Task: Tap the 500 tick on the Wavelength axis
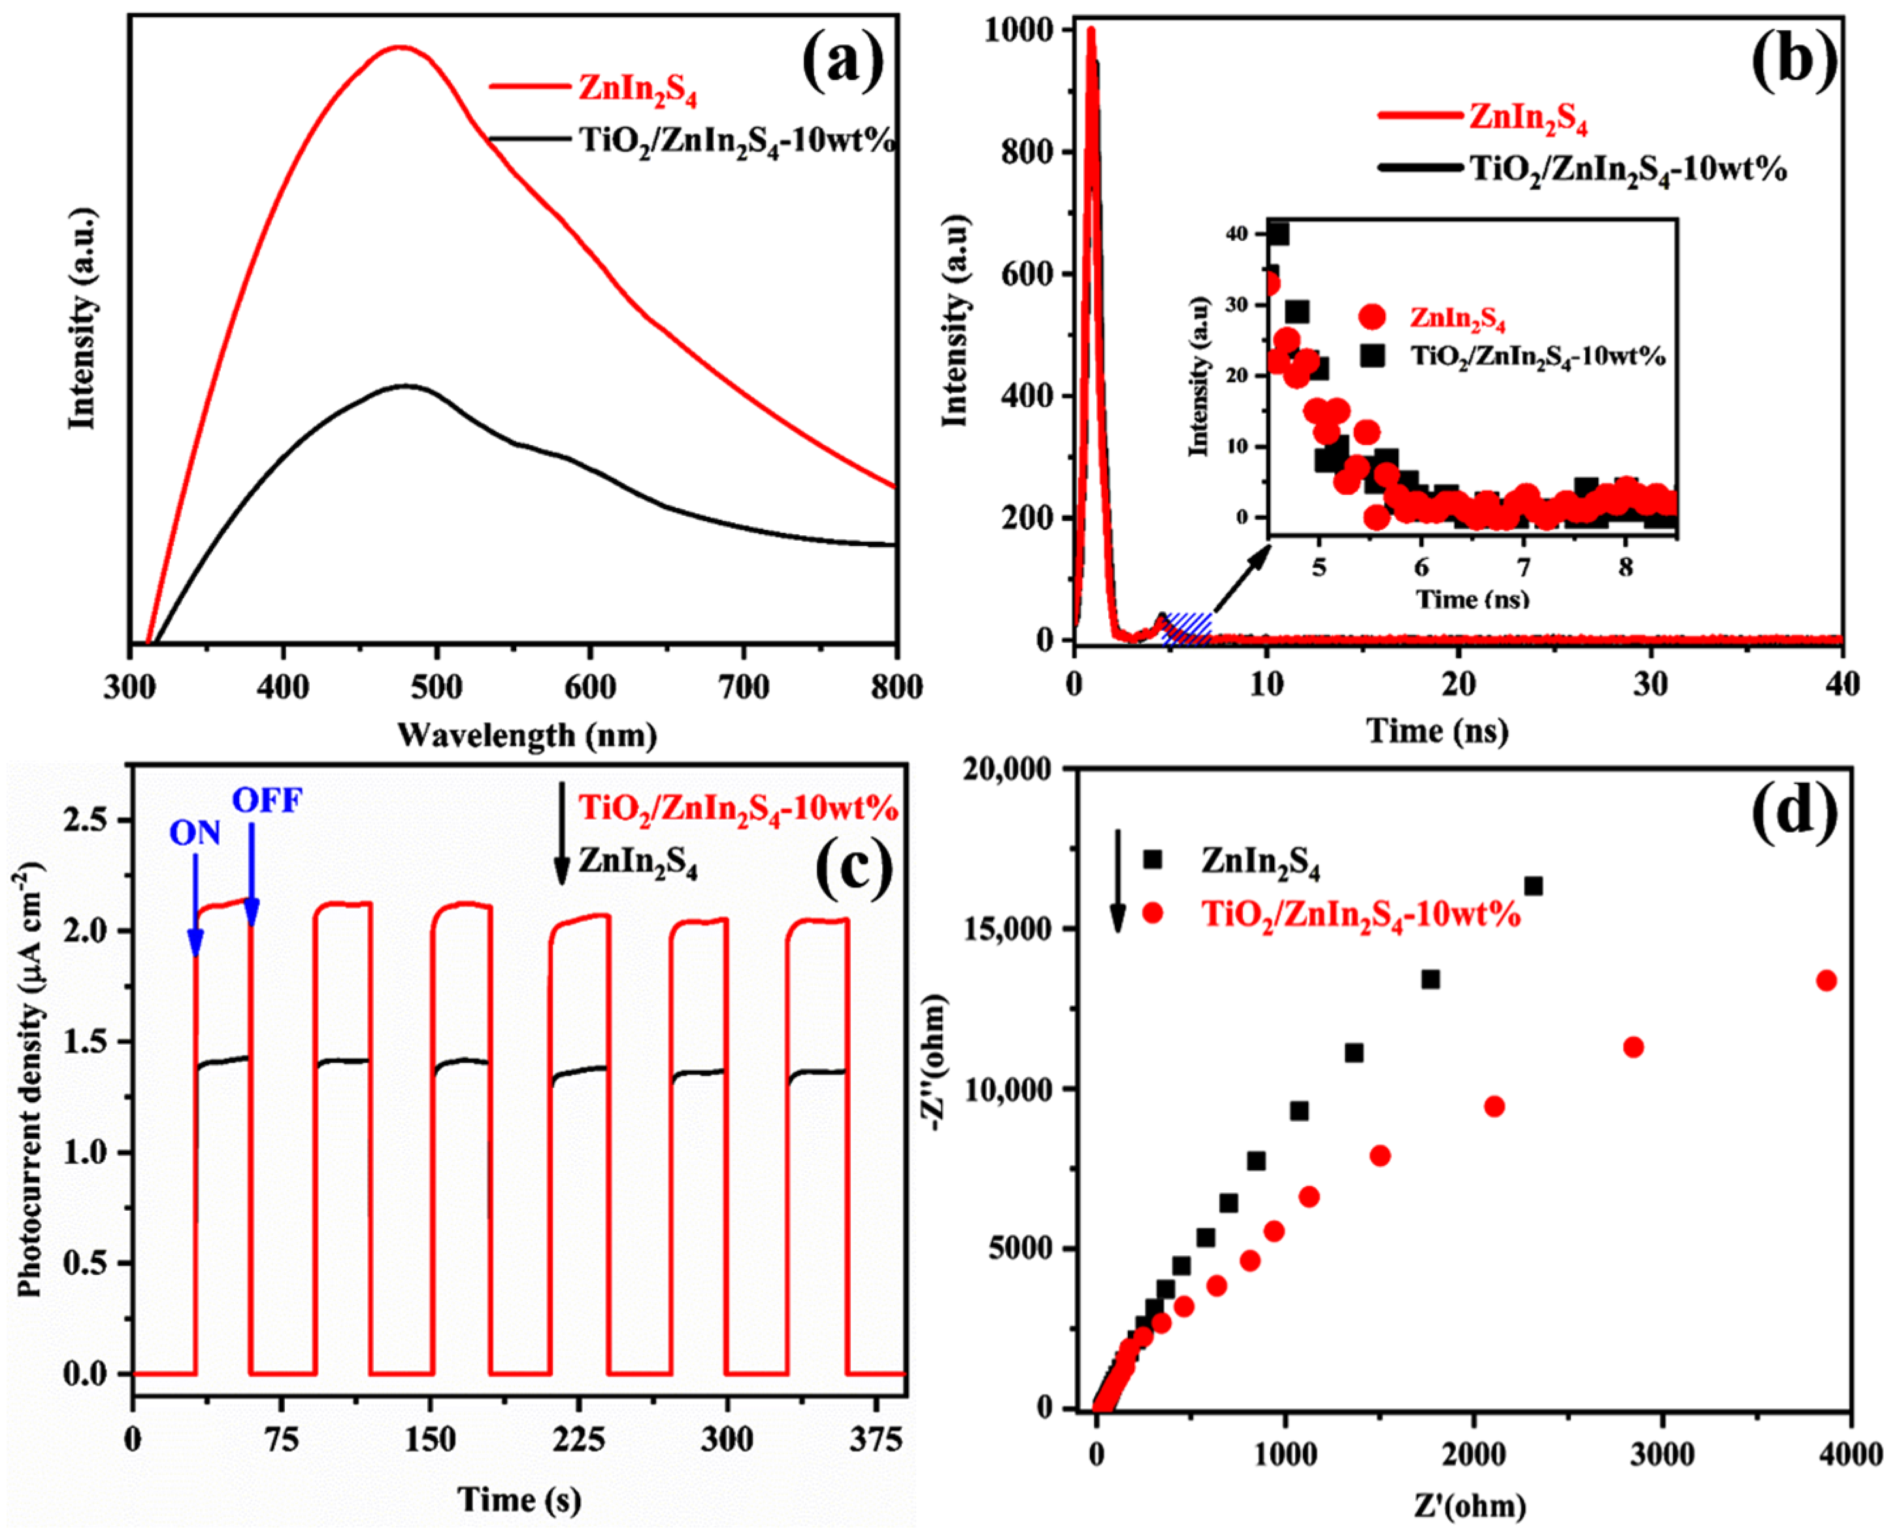coord(436,687)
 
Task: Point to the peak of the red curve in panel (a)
coord(401,47)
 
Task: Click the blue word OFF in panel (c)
coord(267,801)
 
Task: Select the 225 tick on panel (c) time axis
coord(578,1440)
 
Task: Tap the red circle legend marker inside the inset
coord(1372,317)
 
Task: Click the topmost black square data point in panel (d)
coord(1534,886)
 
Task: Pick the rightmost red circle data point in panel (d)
coord(1826,980)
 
